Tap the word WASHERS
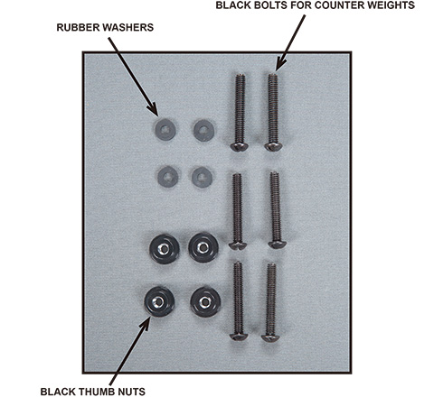[x=128, y=27]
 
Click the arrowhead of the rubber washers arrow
[x=153, y=110]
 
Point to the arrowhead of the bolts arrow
[x=281, y=65]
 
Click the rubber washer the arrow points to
[x=165, y=130]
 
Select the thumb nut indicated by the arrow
[x=159, y=301]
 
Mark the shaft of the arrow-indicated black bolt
[x=273, y=108]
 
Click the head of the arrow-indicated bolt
[x=273, y=147]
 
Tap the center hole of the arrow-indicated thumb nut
[x=158, y=301]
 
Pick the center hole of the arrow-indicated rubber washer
[x=165, y=130]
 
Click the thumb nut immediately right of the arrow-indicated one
[x=205, y=302]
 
